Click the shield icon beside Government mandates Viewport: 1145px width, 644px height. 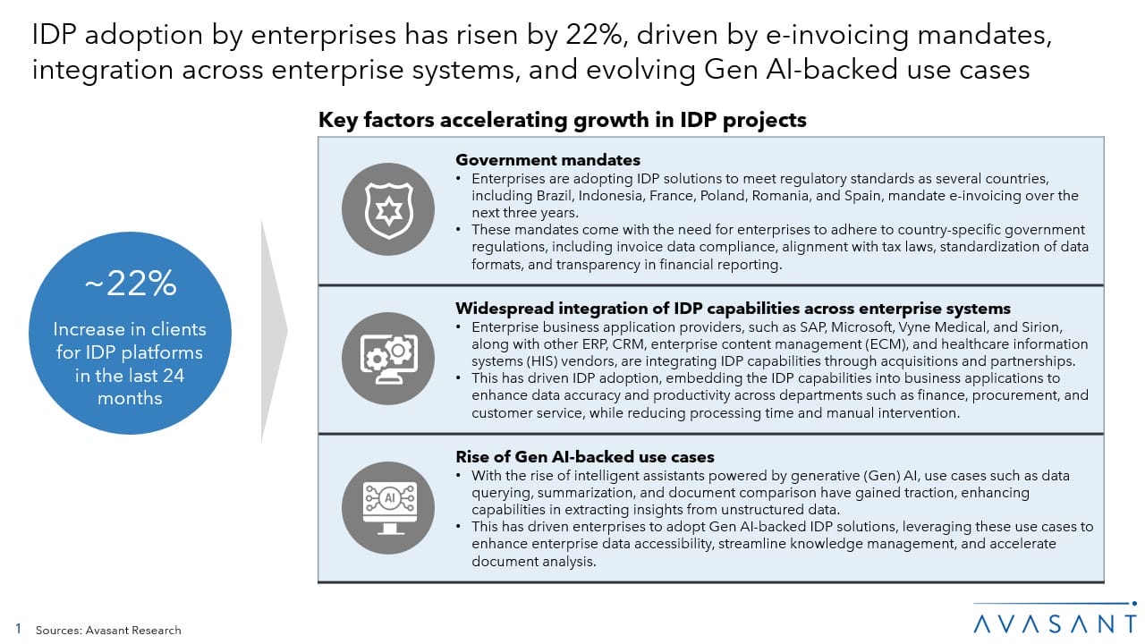(x=387, y=210)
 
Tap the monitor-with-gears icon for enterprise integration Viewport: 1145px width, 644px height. (x=387, y=359)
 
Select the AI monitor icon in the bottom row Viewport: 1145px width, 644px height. (x=387, y=508)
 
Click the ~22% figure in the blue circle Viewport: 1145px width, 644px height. (x=130, y=284)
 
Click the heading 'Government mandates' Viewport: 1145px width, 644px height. (x=547, y=160)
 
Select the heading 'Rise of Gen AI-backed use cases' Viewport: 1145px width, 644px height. (x=585, y=457)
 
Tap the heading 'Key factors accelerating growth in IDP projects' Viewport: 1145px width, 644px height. (x=562, y=120)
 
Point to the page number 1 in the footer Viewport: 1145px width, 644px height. (x=18, y=630)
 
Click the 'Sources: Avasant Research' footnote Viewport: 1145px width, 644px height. (x=108, y=631)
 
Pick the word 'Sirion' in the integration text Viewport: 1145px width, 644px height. (x=1039, y=327)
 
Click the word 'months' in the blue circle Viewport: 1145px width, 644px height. (x=130, y=398)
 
